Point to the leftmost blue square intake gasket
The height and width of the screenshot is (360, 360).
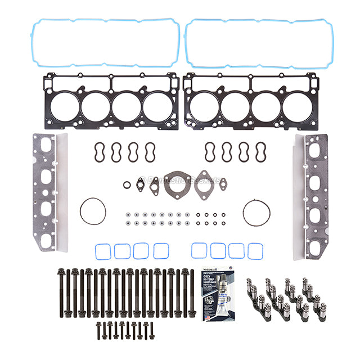(103, 251)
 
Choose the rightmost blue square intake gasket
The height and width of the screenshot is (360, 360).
(255, 251)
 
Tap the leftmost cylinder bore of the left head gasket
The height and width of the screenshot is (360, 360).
(66, 106)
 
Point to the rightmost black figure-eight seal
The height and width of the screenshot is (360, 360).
(260, 151)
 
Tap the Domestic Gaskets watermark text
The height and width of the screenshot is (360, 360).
(180, 181)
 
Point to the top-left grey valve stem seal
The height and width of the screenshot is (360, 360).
(129, 214)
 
